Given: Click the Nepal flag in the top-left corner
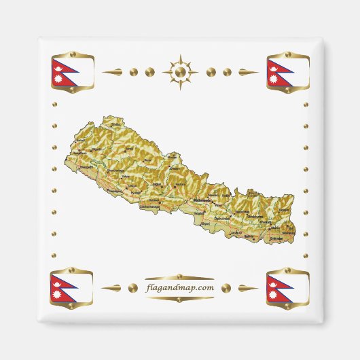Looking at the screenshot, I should pos(71,72).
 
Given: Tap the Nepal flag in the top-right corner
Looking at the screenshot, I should pos(288,72).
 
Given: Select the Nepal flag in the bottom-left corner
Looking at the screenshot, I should pos(71,288).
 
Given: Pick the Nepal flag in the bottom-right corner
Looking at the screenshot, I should pos(288,288).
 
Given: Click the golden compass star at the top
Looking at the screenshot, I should pos(180,71).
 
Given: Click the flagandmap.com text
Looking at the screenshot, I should pos(180,287).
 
